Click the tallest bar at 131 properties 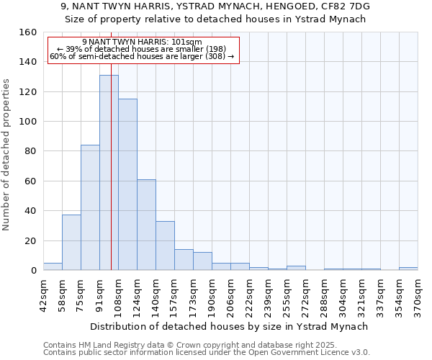click(x=109, y=173)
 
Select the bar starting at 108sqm click(x=127, y=184)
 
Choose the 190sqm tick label click(x=212, y=295)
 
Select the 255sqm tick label click(x=287, y=295)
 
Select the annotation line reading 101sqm click(x=142, y=42)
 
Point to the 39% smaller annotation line click(x=142, y=49)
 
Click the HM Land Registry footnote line click(x=205, y=345)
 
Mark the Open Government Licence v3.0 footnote click(x=205, y=352)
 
